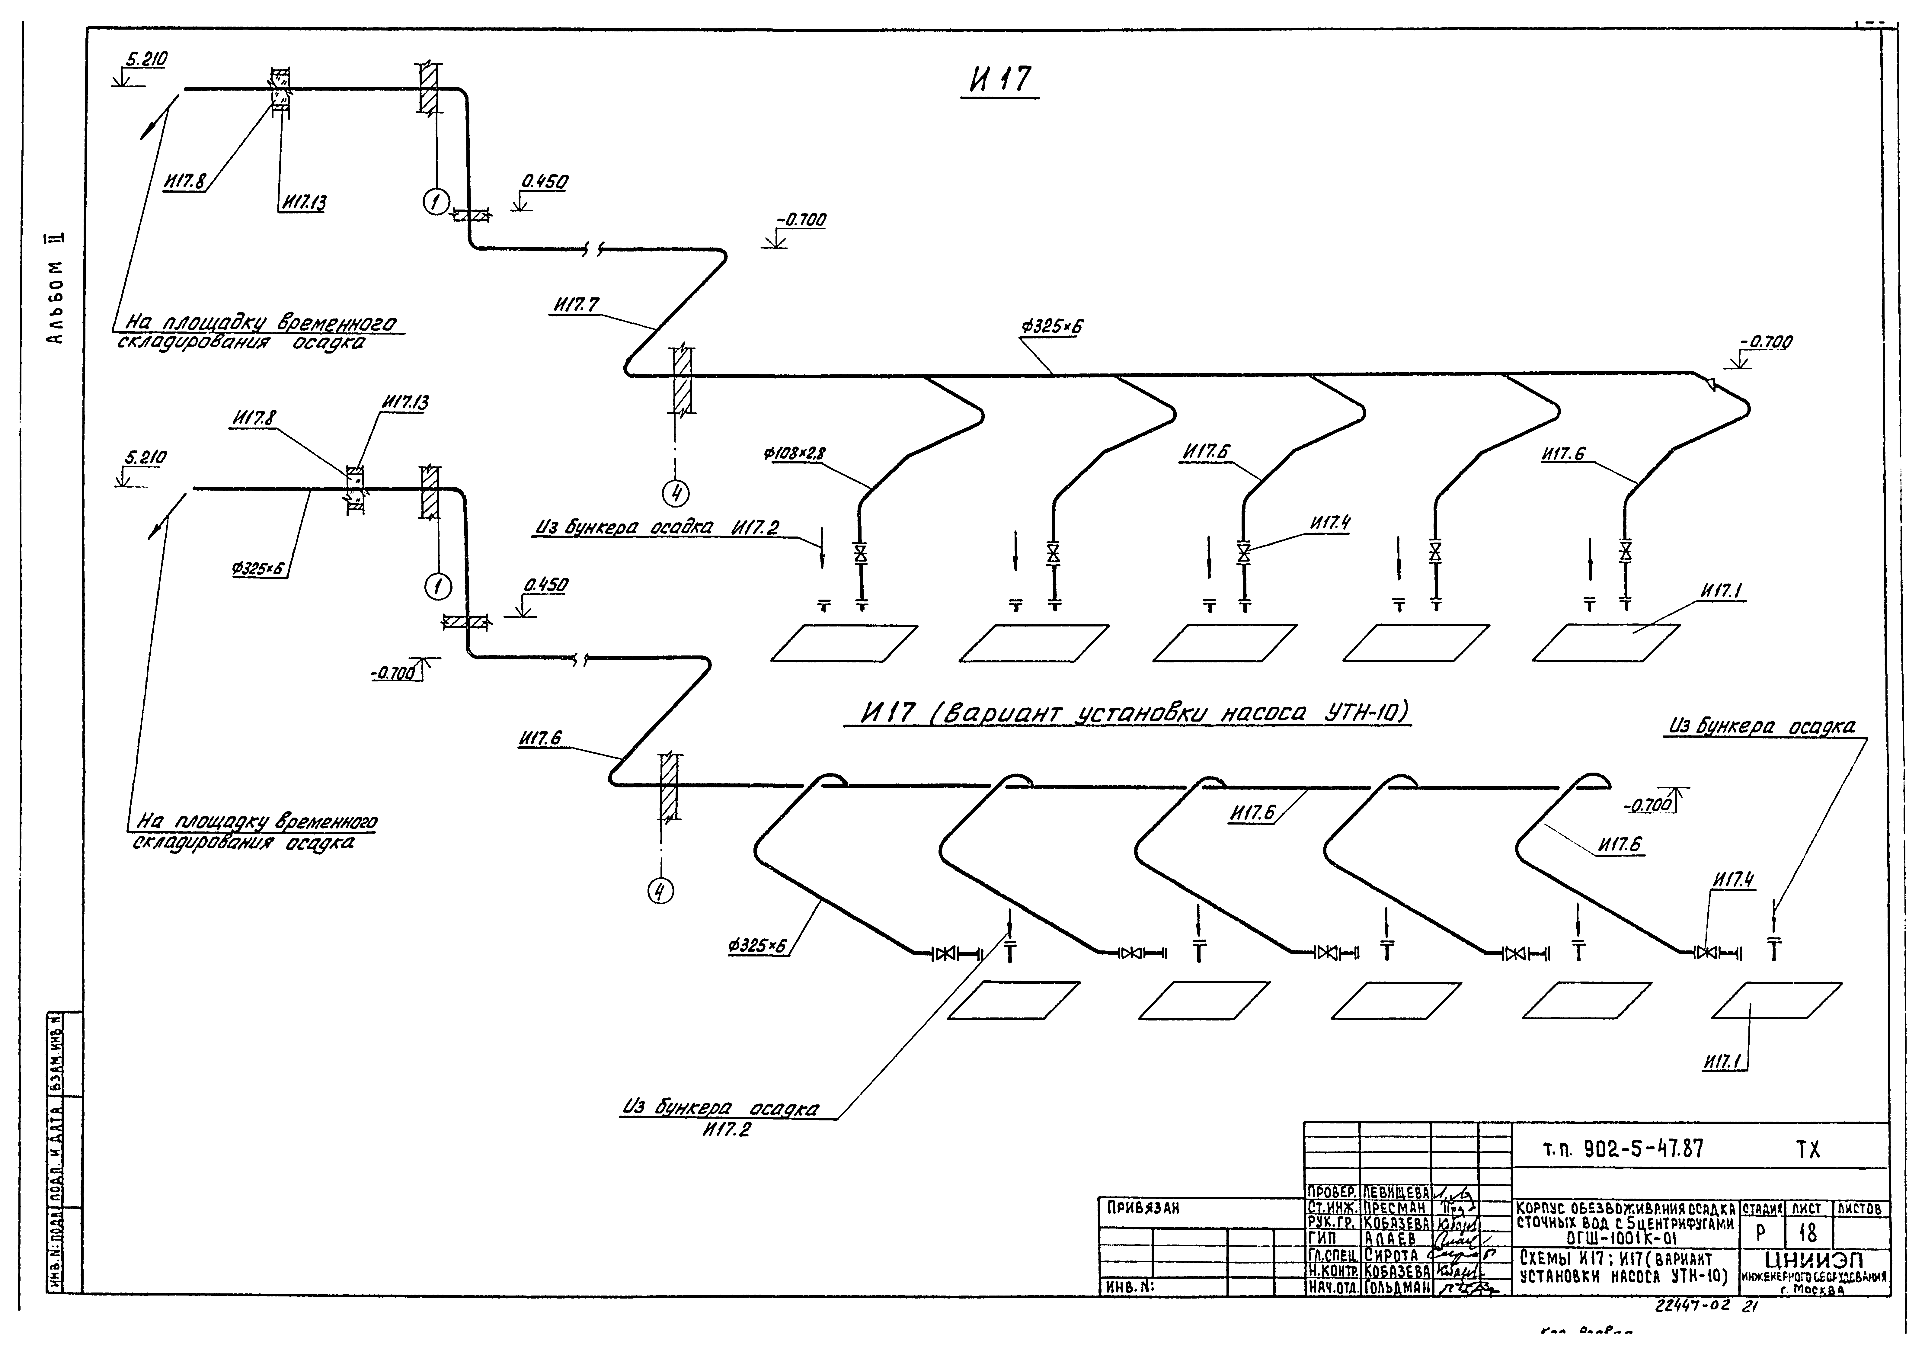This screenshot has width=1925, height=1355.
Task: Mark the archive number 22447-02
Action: pyautogui.click(x=1693, y=1305)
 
